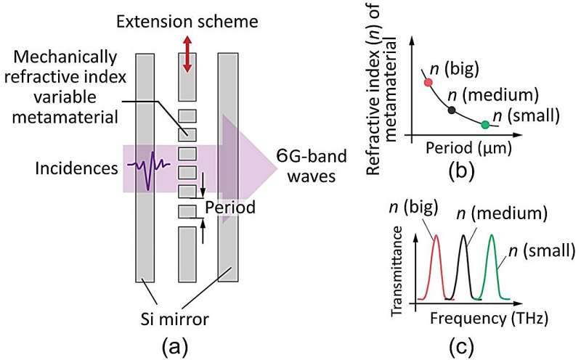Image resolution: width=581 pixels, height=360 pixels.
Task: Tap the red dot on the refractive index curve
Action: [x=428, y=82]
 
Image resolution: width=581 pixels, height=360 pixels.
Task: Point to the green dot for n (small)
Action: [x=485, y=125]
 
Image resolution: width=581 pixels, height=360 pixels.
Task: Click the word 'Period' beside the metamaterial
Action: [x=230, y=208]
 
